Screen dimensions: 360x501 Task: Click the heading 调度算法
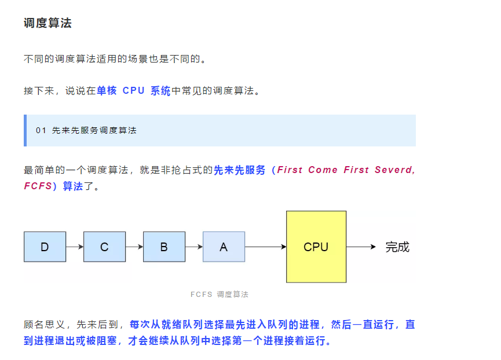[x=47, y=23]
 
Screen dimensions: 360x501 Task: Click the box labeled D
[x=45, y=247]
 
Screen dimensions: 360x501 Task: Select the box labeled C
[x=104, y=247]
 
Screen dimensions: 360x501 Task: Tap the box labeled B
[x=164, y=247]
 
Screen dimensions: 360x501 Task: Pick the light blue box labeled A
[x=224, y=247]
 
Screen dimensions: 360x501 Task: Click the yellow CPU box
[x=316, y=247]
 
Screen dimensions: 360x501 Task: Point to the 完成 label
[x=397, y=247]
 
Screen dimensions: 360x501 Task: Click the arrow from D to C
[x=75, y=247]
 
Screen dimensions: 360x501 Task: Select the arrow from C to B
[x=134, y=247]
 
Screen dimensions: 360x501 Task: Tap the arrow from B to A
[x=194, y=247]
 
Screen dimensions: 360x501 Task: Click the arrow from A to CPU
[x=265, y=247]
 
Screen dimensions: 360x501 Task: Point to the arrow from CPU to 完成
[x=361, y=247]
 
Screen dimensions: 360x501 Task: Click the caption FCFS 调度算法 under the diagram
[x=220, y=295]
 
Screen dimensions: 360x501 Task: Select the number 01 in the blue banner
[x=41, y=131]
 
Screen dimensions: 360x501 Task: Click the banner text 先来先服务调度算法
[x=94, y=131]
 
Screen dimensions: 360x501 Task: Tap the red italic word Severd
[x=395, y=170]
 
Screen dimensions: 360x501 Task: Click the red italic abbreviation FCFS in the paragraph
[x=38, y=186]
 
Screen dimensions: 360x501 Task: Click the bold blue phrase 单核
[x=107, y=91]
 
